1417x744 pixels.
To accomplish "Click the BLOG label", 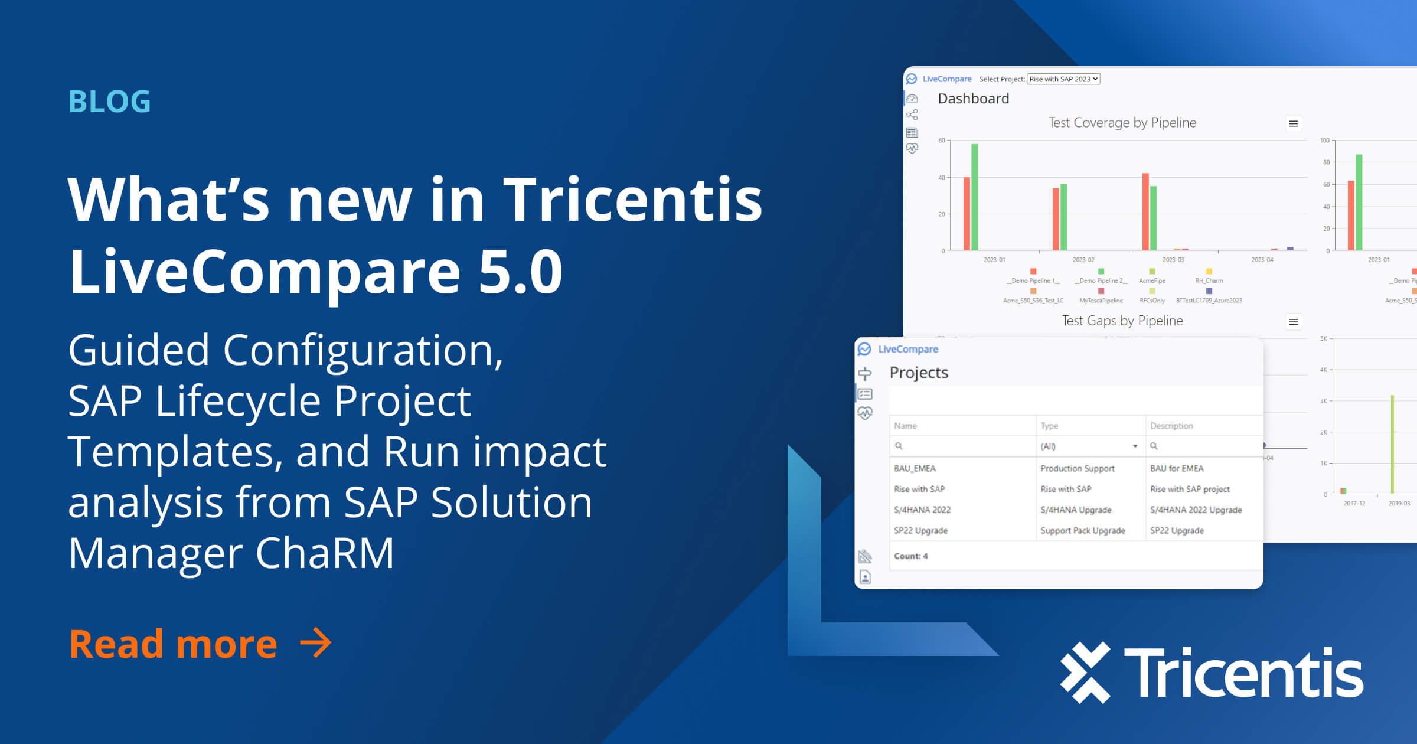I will [110, 101].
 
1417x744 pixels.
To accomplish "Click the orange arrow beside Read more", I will [316, 643].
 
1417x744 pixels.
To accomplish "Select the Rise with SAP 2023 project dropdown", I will [1063, 79].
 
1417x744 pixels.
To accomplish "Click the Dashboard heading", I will [973, 99].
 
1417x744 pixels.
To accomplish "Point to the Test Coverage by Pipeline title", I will [1122, 123].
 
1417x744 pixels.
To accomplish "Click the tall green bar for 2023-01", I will [975, 197].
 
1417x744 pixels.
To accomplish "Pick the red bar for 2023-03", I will [1145, 211].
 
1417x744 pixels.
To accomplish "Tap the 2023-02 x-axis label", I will [1083, 260].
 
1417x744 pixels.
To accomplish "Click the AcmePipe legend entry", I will [1152, 280].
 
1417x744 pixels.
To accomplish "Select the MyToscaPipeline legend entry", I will [1101, 301].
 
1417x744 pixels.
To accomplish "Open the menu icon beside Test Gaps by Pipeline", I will [1294, 322].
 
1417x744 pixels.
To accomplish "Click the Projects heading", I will [919, 373].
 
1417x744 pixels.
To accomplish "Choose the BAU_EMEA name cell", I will [915, 468].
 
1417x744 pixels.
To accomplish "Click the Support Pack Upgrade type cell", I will [1083, 531].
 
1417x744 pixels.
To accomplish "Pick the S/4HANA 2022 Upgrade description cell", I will [1196, 510].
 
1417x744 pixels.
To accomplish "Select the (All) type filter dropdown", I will [1089, 446].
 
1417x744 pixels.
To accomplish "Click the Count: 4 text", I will [910, 556].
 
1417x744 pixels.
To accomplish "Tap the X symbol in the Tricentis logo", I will [1085, 673].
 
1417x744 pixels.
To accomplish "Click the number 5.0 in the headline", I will [520, 272].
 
